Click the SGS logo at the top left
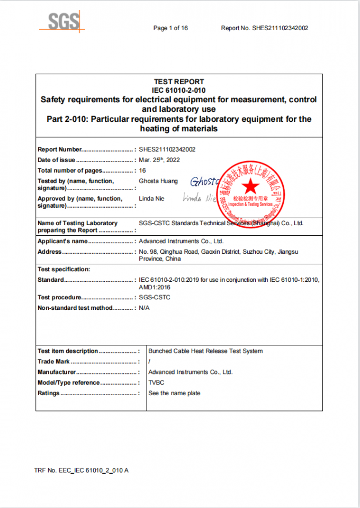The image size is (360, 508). click(x=62, y=22)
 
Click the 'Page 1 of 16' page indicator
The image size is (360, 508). click(x=170, y=28)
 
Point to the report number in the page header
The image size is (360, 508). click(x=265, y=28)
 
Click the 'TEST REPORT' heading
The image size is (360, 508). click(x=179, y=82)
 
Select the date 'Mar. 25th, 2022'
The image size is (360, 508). click(x=159, y=159)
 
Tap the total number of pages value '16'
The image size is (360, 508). click(x=142, y=171)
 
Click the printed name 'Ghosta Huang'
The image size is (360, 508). click(x=158, y=181)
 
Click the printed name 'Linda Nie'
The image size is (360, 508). click(x=151, y=199)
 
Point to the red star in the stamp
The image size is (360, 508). click(x=251, y=186)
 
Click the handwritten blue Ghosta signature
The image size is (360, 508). click(x=204, y=182)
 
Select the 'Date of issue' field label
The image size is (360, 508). click(x=57, y=160)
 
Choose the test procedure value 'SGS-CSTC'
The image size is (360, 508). click(x=155, y=297)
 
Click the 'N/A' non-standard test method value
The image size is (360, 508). click(x=144, y=308)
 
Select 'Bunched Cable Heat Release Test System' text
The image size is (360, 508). click(x=205, y=351)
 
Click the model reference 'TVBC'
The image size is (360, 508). click(x=156, y=382)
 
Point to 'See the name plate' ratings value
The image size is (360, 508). click(x=174, y=393)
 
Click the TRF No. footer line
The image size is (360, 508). click(x=81, y=470)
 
